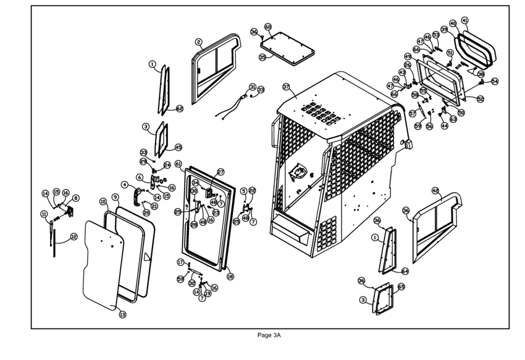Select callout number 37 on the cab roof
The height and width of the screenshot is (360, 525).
click(286, 87)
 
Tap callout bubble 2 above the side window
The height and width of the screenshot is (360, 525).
click(199, 42)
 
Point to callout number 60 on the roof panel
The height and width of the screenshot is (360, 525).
click(268, 27)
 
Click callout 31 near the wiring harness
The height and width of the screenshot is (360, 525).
click(252, 87)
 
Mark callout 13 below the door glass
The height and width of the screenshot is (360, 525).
click(122, 314)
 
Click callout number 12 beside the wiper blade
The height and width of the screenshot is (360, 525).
click(73, 236)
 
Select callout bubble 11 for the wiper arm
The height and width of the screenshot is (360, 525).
click(44, 214)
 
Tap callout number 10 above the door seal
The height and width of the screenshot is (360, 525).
click(103, 201)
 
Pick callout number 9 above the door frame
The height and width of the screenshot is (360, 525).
click(115, 197)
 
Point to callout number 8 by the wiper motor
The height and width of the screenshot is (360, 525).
click(76, 198)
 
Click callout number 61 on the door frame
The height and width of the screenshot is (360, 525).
click(178, 164)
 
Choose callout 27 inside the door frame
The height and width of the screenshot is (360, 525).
click(220, 172)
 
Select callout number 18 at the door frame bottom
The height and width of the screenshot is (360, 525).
click(230, 277)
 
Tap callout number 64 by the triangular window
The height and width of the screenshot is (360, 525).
click(405, 270)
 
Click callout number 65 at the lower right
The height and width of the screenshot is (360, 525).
click(401, 287)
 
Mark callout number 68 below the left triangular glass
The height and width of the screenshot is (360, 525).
click(180, 109)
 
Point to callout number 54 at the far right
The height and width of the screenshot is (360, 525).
click(495, 82)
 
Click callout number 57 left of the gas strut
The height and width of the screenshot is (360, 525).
click(412, 114)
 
